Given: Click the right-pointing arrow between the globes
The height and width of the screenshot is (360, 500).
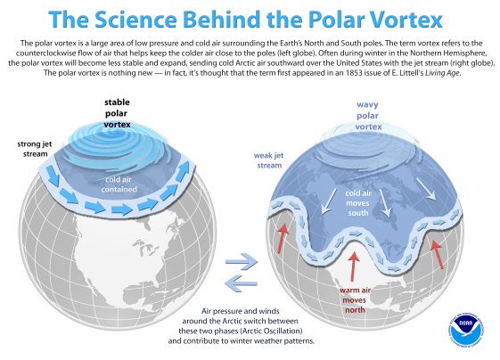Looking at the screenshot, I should pos(241,262).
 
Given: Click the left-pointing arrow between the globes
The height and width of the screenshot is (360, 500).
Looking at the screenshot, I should pos(241,282).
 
